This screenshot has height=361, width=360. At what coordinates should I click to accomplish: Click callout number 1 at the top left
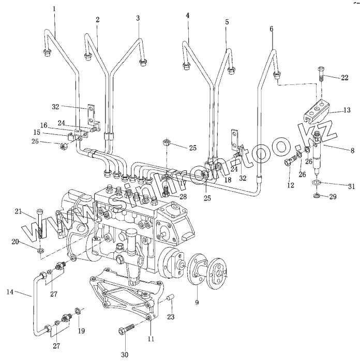[x=54, y=9]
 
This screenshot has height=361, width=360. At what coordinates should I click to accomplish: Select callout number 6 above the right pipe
[x=272, y=29]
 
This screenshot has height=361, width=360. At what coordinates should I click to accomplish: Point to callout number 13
[x=347, y=110]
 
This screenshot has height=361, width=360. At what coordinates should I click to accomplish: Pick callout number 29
[x=347, y=197]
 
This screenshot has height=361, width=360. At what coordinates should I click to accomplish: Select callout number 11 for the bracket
[x=151, y=339]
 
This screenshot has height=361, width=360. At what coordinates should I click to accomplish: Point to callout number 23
[x=171, y=317]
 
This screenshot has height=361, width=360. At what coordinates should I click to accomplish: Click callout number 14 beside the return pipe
[x=9, y=293]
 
